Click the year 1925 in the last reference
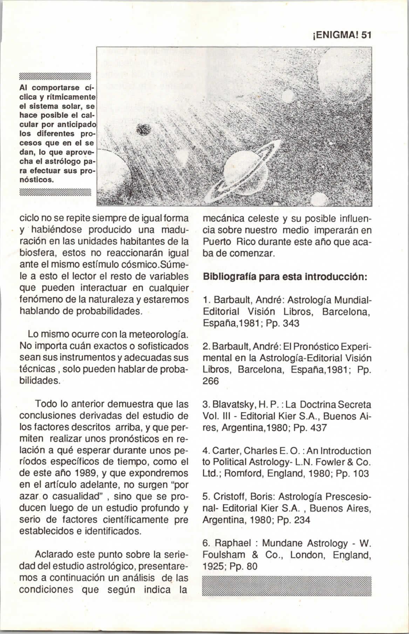coord(214,566)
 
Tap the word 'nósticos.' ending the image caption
coord(36,180)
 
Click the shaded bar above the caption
coord(55,77)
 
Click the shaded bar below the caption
coord(55,192)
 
